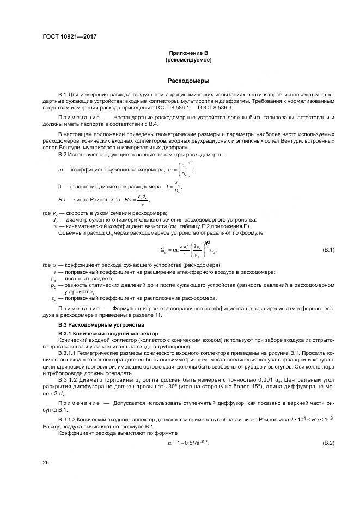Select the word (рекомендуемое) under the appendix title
tap(188, 59)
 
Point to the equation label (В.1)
tap(328, 249)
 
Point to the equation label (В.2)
tap(328, 444)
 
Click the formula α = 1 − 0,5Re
tap(188, 444)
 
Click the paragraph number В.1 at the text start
tap(62, 95)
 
